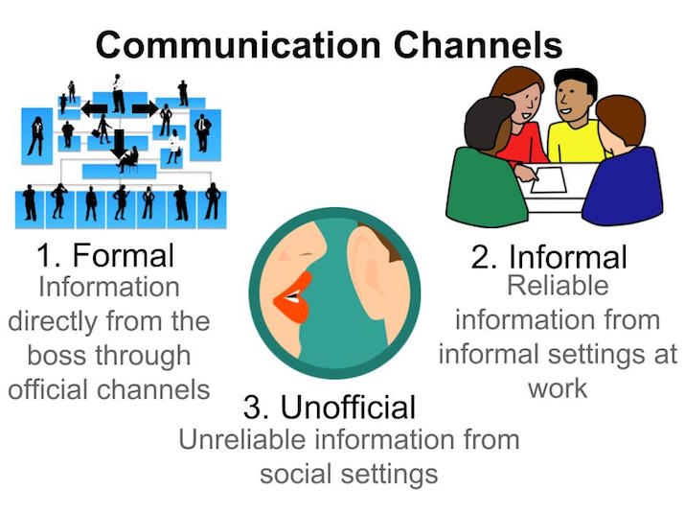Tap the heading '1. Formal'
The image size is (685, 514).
(x=105, y=255)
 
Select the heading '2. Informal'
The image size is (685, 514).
(x=548, y=257)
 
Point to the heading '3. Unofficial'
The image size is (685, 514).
(x=330, y=408)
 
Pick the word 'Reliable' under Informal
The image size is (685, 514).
(x=557, y=286)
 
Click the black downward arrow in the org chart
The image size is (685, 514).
(x=119, y=145)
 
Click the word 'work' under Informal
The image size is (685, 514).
(x=557, y=389)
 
